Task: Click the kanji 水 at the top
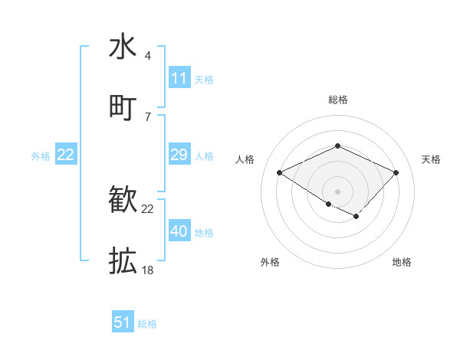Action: point(123,47)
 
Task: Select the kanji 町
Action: point(123,107)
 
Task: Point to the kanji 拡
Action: point(123,261)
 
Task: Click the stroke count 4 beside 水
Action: point(147,56)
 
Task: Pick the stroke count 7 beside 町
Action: point(147,116)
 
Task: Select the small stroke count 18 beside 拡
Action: point(147,270)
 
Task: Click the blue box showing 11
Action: point(179,78)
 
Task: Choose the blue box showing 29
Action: point(179,155)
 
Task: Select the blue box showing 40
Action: point(179,231)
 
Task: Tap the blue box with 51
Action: point(123,322)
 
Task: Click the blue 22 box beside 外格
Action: point(65,155)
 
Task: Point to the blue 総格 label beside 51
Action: point(147,324)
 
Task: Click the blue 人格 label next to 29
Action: point(204,156)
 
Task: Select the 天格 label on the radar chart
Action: point(431,159)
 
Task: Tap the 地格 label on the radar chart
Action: point(402,262)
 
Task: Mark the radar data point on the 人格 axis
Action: point(280,173)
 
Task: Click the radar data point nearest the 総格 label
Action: point(337,146)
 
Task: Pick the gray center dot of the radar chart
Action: point(337,191)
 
